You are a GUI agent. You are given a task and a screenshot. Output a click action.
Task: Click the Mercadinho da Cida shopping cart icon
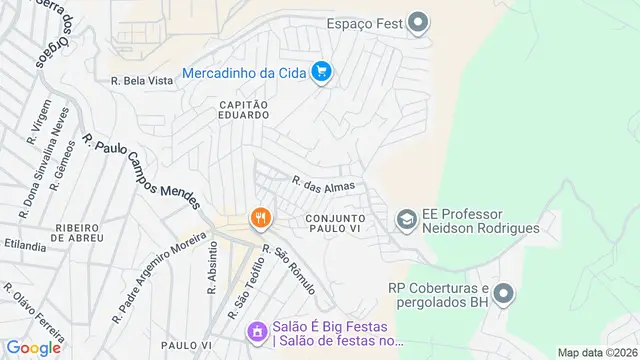321,72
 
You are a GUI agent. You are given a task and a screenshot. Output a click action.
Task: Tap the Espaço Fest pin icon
420,22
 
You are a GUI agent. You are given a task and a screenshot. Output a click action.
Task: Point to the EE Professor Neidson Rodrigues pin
407,218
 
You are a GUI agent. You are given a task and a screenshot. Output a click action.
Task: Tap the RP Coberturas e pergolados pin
504,294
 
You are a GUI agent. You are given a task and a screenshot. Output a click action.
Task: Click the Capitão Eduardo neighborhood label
239,108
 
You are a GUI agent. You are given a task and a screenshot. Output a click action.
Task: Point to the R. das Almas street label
323,183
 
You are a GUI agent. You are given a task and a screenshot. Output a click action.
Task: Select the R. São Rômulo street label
289,270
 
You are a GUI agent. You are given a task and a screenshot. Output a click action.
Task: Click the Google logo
32,347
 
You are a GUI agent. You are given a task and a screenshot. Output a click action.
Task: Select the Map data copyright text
597,352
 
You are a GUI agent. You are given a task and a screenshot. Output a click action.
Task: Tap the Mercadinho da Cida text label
243,72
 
